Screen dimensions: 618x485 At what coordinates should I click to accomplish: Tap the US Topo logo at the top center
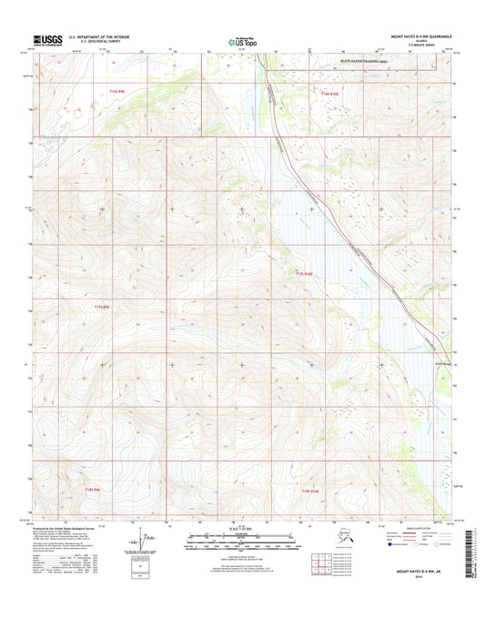pyautogui.click(x=242, y=40)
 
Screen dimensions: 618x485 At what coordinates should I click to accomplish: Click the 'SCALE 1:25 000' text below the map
pyautogui.click(x=243, y=528)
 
